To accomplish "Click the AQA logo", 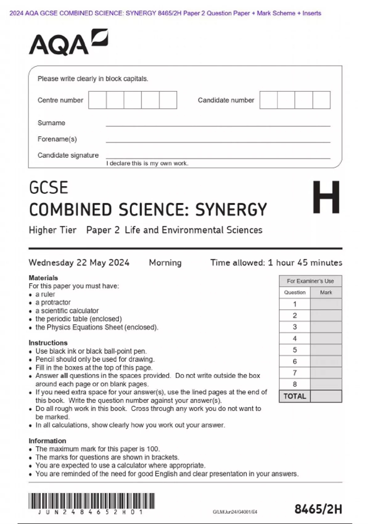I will [68, 43].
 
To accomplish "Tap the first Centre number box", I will [97, 100].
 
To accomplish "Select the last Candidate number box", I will [321, 100].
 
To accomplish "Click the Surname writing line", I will [218, 125].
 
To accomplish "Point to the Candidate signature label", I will [68, 155].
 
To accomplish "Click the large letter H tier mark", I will [326, 197].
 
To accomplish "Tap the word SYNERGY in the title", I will [231, 210].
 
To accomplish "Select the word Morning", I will [165, 263].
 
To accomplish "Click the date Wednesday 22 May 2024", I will [79, 263].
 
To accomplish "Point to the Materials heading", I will [43, 278].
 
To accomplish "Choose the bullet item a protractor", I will [53, 302].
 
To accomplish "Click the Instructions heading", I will [48, 343].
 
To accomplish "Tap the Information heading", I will [47, 441].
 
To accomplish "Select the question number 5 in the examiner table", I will [295, 350].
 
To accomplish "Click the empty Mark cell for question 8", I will [326, 384].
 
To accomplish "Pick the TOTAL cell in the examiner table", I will [295, 396].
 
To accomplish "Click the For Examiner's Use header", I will [310, 281].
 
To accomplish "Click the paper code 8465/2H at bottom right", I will [318, 509].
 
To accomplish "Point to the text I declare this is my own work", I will [147, 163].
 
